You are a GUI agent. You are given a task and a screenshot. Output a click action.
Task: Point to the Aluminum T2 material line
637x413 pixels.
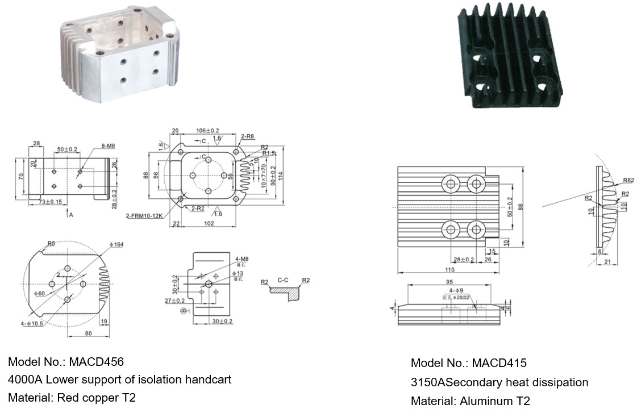click(x=470, y=401)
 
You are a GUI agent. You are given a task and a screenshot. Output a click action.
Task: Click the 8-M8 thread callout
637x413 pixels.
click(x=108, y=146)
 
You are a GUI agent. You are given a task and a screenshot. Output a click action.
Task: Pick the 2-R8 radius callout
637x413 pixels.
click(x=247, y=136)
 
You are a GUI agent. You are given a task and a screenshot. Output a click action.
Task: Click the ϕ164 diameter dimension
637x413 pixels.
click(x=117, y=244)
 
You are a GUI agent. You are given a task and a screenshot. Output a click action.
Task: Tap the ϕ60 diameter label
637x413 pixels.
click(x=39, y=294)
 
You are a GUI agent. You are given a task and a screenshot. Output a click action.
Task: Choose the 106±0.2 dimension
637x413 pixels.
click(x=207, y=131)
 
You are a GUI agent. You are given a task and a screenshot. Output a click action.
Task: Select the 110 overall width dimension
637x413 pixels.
click(x=449, y=270)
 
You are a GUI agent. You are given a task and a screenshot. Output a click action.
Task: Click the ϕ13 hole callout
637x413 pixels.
click(x=238, y=274)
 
